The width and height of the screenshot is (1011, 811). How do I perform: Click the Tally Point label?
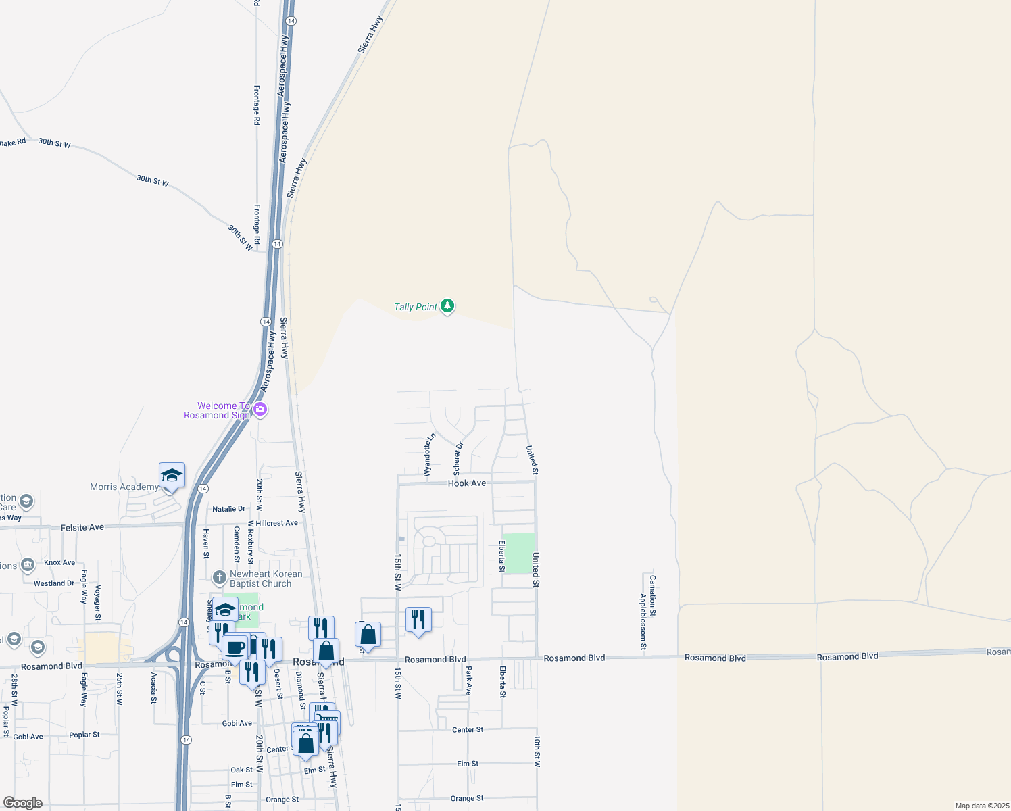[416, 307]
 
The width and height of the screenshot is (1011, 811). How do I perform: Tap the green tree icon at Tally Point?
[447, 306]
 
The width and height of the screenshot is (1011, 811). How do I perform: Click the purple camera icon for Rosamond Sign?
[260, 410]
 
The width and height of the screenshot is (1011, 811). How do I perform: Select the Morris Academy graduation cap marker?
[172, 476]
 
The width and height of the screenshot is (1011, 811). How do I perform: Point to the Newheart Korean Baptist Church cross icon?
[219, 578]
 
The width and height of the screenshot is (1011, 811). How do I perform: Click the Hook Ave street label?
[466, 483]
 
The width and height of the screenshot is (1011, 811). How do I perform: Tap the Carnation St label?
[652, 595]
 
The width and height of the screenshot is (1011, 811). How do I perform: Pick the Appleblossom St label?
[643, 622]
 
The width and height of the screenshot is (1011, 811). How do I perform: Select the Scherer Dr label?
[458, 459]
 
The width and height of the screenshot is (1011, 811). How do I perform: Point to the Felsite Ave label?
[82, 527]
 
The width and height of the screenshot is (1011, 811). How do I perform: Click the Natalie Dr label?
[228, 509]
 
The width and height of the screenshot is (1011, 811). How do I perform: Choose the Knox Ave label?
[59, 562]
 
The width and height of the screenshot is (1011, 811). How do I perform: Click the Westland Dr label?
[54, 583]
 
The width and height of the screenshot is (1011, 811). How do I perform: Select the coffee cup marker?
[235, 648]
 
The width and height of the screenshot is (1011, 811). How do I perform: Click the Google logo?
[22, 803]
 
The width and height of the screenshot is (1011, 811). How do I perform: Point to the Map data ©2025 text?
[981, 806]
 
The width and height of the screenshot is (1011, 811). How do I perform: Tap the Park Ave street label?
[468, 681]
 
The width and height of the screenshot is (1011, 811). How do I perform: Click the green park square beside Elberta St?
[519, 554]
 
